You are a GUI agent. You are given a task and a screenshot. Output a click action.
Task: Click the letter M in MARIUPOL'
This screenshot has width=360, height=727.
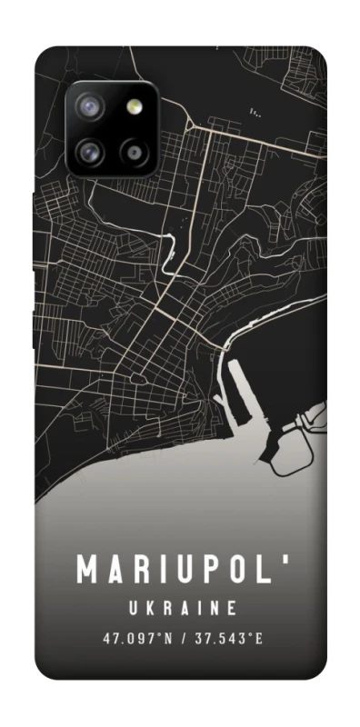(88, 570)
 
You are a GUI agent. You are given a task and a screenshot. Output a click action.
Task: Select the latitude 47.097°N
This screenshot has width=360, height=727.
(135, 638)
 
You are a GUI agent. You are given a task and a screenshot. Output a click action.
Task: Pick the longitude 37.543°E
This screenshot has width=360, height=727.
(228, 638)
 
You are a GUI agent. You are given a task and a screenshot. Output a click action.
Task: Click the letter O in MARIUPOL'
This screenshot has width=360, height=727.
(234, 570)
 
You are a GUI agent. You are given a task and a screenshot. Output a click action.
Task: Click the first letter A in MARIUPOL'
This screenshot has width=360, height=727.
(116, 570)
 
